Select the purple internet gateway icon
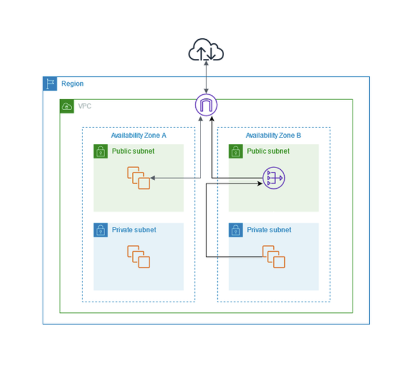206,105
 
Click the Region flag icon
50,84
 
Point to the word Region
72,84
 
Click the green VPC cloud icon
67,106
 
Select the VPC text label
84,106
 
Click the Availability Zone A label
139,136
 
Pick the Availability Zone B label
273,136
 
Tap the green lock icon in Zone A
101,151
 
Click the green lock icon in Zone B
236,151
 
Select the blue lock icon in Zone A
101,230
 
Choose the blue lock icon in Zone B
236,230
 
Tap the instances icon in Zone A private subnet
139,256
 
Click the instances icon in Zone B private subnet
274,256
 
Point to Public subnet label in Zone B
268,151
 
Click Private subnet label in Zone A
134,230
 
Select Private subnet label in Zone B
269,230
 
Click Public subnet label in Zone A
133,151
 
